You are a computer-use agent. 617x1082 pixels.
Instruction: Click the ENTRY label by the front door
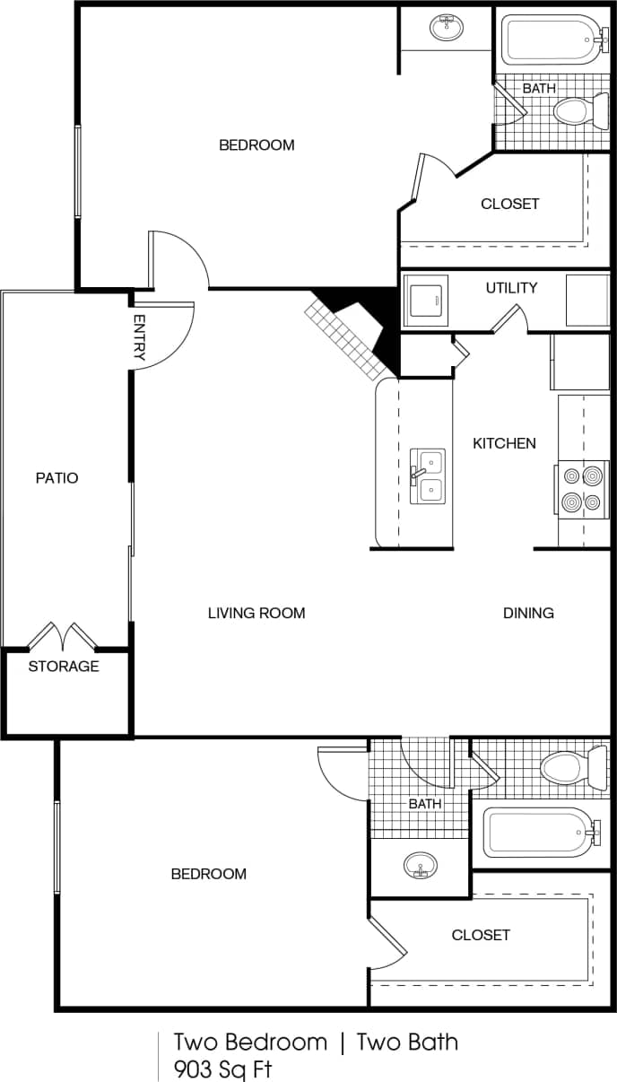[x=139, y=337]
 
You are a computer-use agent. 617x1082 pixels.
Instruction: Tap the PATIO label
[x=57, y=478]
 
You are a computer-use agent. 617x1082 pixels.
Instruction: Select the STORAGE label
[x=64, y=667]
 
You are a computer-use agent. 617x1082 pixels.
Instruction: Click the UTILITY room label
[x=511, y=288]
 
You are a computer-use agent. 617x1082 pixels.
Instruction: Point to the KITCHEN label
[x=504, y=443]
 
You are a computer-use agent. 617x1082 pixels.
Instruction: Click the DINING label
[x=528, y=614]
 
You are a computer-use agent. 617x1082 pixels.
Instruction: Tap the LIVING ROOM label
[x=256, y=614]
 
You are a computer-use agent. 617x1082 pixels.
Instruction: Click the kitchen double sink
[x=428, y=476]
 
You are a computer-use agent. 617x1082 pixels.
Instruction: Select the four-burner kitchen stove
[x=582, y=490]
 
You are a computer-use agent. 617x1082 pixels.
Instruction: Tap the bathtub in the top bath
[x=551, y=39]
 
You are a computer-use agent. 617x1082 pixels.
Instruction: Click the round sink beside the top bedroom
[x=446, y=27]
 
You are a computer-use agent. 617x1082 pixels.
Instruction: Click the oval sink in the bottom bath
[x=421, y=867]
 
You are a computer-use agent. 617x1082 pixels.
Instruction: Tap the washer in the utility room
[x=429, y=301]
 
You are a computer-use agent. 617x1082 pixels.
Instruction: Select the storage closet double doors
[x=63, y=636]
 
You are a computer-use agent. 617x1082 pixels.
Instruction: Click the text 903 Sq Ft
[x=223, y=1069]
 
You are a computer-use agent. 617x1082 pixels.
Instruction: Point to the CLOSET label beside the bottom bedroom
[x=481, y=935]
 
